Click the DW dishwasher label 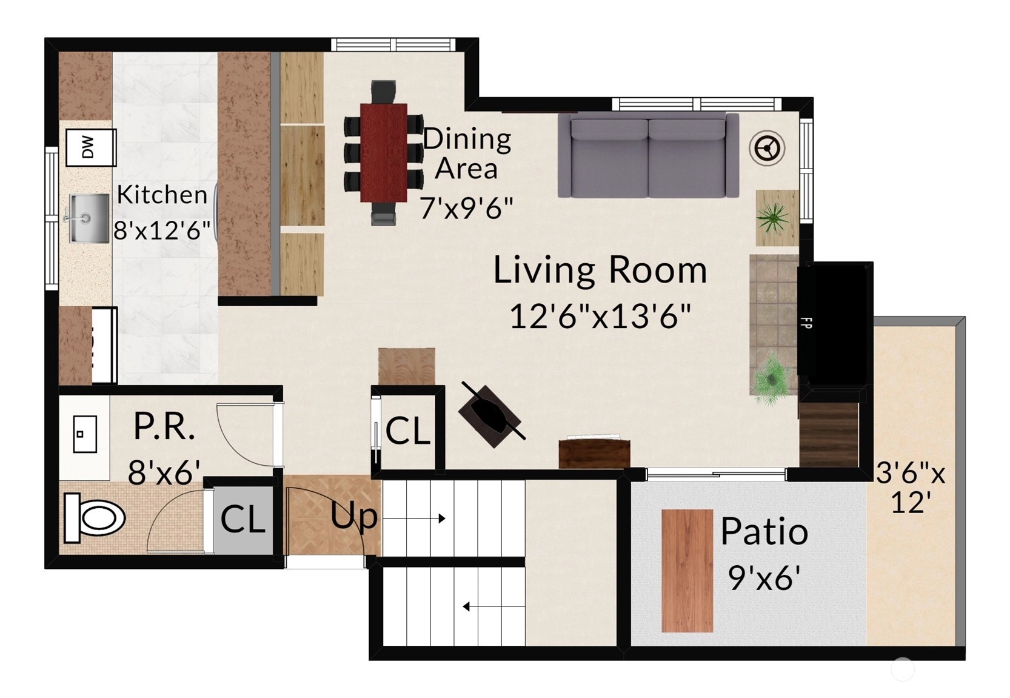click(x=89, y=147)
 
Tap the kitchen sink click(x=89, y=218)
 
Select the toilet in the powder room click(x=94, y=518)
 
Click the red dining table click(x=384, y=153)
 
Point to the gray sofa click(x=649, y=155)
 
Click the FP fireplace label click(x=805, y=322)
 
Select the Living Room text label click(x=600, y=270)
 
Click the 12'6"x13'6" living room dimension click(x=600, y=316)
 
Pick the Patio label click(x=764, y=532)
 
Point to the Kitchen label click(x=162, y=195)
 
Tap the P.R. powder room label click(x=164, y=426)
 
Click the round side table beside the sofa click(x=767, y=148)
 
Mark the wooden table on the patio click(x=687, y=571)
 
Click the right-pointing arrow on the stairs click(x=414, y=518)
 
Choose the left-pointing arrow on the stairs click(x=493, y=607)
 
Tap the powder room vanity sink click(x=85, y=434)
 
